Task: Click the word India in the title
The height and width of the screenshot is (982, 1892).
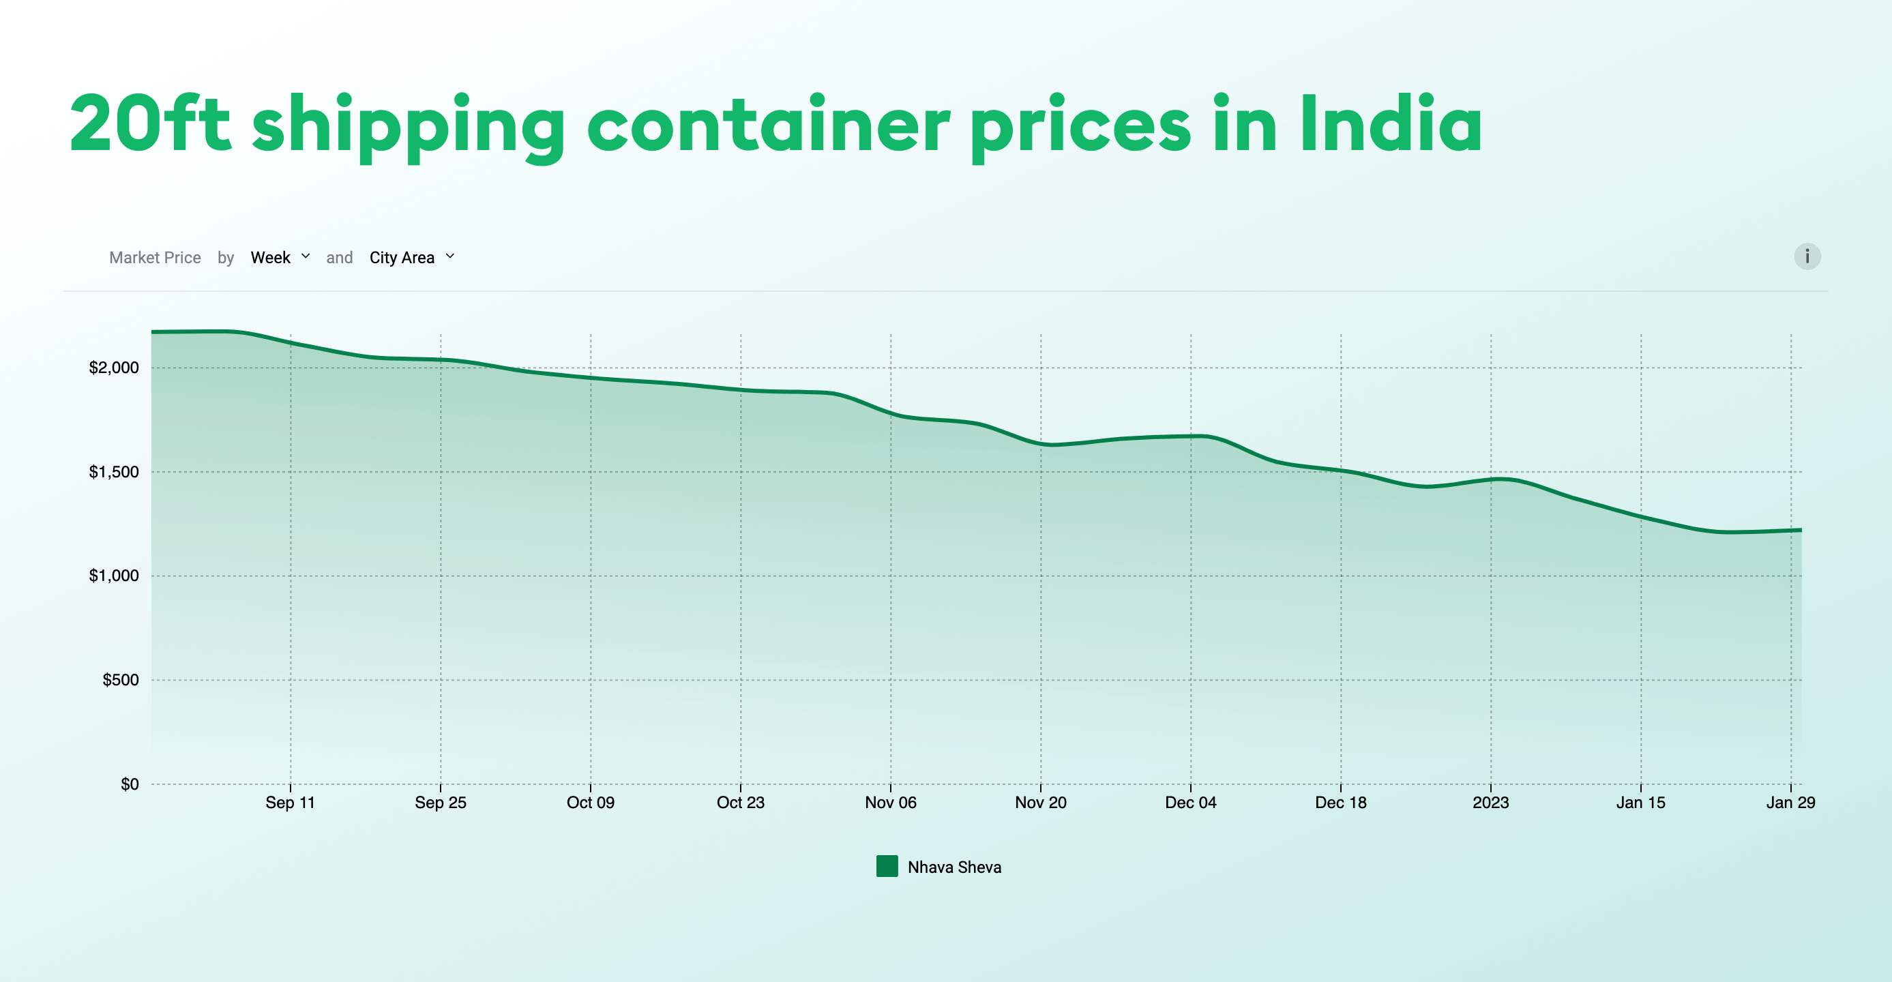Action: (1391, 125)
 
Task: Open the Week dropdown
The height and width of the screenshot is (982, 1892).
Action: (280, 257)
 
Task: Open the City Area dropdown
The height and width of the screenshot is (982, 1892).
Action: (411, 257)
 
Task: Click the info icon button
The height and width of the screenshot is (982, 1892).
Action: (1807, 256)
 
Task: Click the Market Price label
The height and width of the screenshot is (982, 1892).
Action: (155, 258)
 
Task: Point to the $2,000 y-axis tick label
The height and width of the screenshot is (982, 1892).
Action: (114, 368)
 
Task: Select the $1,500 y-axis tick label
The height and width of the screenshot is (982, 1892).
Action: (114, 471)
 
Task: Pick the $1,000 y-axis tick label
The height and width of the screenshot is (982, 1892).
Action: (114, 576)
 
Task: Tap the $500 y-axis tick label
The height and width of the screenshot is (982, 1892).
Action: (121, 680)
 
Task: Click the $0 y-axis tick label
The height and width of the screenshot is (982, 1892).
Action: (130, 784)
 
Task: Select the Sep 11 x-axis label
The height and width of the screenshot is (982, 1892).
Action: (290, 803)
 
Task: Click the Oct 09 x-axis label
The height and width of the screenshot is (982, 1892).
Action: (591, 803)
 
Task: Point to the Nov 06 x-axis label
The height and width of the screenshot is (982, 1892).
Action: (890, 803)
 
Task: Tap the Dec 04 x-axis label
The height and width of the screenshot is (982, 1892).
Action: (1191, 803)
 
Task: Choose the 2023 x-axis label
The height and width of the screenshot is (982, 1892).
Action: (1490, 803)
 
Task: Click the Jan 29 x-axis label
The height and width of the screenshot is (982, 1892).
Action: (1790, 803)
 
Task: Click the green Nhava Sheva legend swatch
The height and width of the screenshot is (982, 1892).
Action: (887, 867)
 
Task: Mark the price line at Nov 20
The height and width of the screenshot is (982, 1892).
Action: (1041, 443)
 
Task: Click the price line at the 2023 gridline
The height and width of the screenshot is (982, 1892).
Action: (1491, 479)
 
